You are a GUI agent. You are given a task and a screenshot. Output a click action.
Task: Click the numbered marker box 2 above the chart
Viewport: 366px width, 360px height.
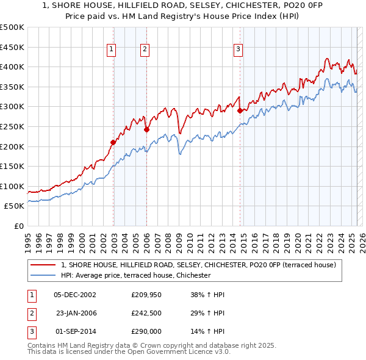145,50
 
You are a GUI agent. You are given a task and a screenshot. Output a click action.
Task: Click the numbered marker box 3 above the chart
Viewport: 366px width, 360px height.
238,50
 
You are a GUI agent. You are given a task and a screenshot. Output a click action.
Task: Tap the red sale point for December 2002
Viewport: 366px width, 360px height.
113,142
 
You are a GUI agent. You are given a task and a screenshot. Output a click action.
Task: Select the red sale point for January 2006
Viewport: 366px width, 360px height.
147,129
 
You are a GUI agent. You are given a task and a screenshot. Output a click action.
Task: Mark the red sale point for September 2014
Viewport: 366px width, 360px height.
240,110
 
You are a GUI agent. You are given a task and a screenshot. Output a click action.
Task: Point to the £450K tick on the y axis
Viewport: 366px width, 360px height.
12,47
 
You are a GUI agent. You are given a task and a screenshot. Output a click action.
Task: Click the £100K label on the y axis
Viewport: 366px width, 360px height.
12,186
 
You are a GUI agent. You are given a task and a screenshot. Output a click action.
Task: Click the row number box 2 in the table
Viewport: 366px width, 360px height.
30,313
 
